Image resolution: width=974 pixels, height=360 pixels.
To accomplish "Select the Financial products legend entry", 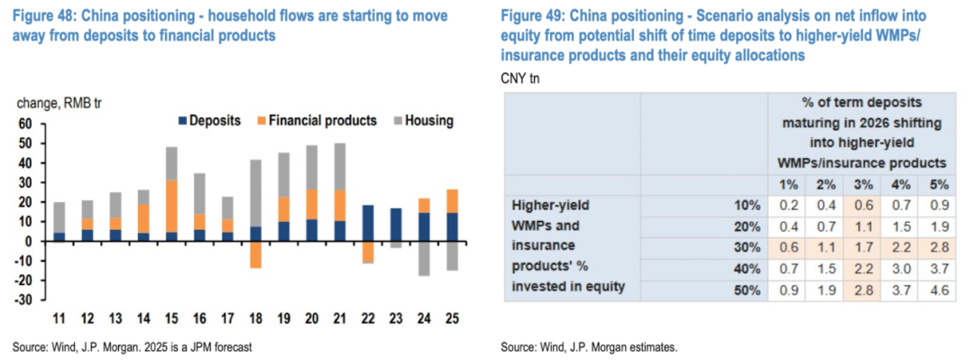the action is pos(317,121).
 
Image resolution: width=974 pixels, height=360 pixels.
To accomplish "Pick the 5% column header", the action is pos(939,184).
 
